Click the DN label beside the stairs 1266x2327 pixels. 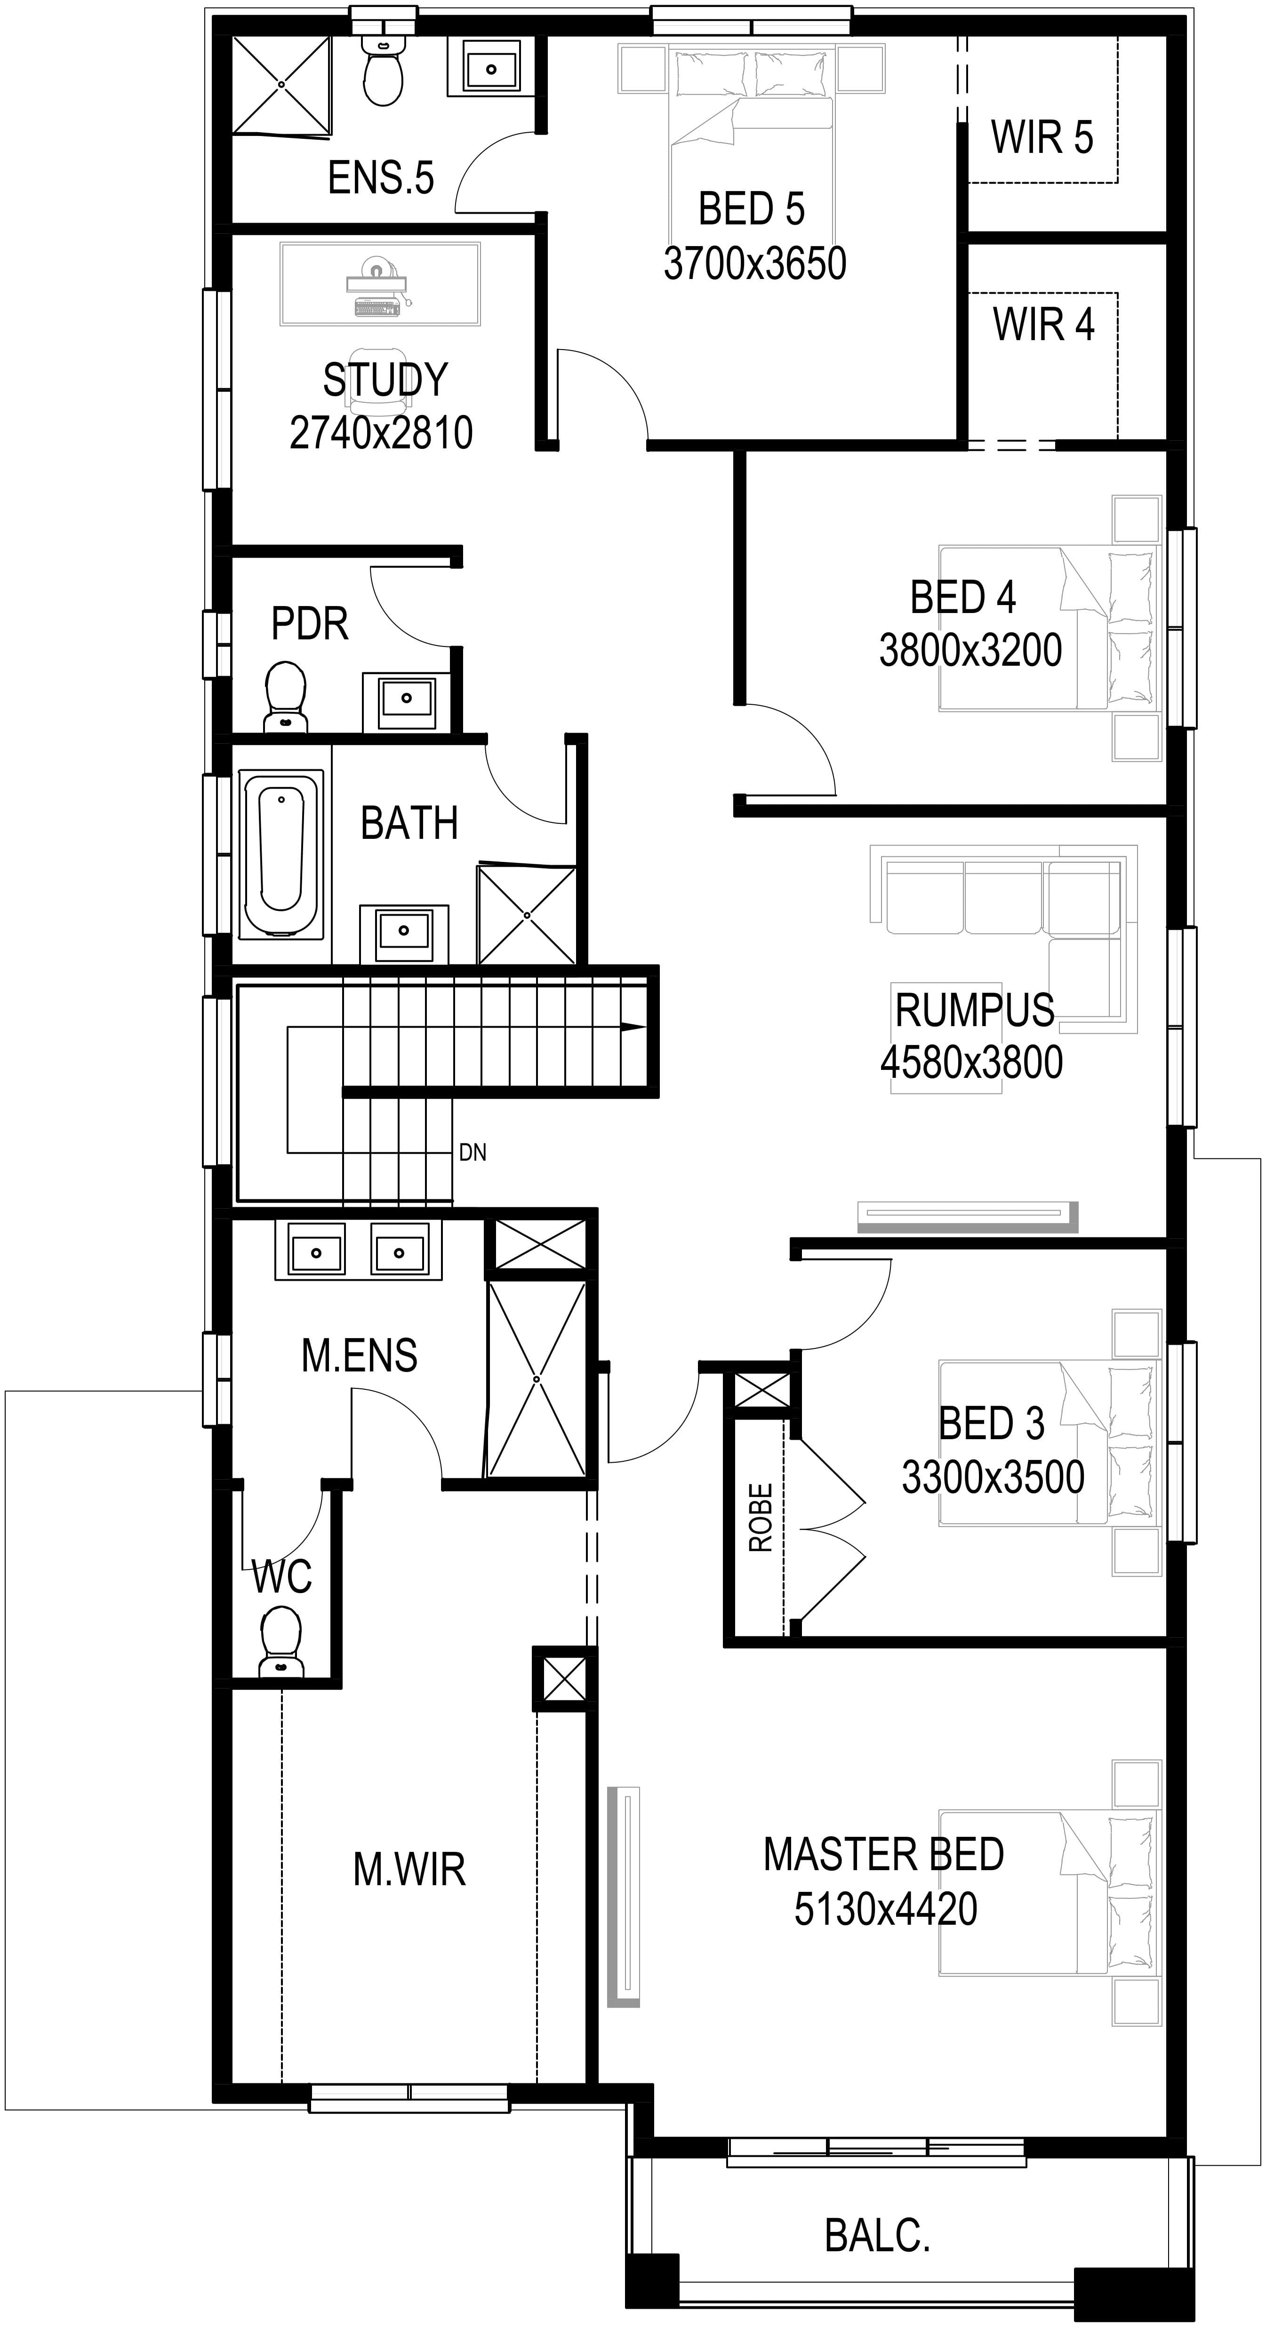pos(473,1152)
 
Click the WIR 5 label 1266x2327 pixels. pos(1042,137)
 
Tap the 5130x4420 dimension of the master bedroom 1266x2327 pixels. pos(886,1909)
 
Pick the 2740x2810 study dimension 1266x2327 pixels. pos(381,433)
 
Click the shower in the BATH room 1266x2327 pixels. pos(527,915)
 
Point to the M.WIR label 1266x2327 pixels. pos(409,1870)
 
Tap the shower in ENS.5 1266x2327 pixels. pos(281,85)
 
